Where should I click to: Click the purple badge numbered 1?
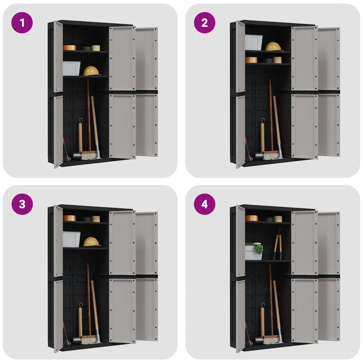[x=22, y=23]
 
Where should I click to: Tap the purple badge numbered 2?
[x=204, y=23]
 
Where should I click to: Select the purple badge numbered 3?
[x=22, y=204]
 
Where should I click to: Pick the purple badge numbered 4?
[x=204, y=204]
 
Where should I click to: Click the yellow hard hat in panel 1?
[x=92, y=71]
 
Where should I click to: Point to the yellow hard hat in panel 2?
[x=274, y=46]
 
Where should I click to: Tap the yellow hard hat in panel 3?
[x=92, y=242]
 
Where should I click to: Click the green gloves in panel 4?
[x=258, y=248]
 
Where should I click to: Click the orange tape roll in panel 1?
[x=70, y=48]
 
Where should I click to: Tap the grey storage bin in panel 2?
[x=253, y=43]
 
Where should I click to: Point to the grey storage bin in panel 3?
[x=72, y=239]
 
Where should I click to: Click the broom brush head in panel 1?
[x=90, y=155]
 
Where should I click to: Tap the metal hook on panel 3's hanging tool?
[x=81, y=304]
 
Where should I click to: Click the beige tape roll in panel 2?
[x=277, y=60]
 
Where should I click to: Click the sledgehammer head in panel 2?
[x=259, y=155]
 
